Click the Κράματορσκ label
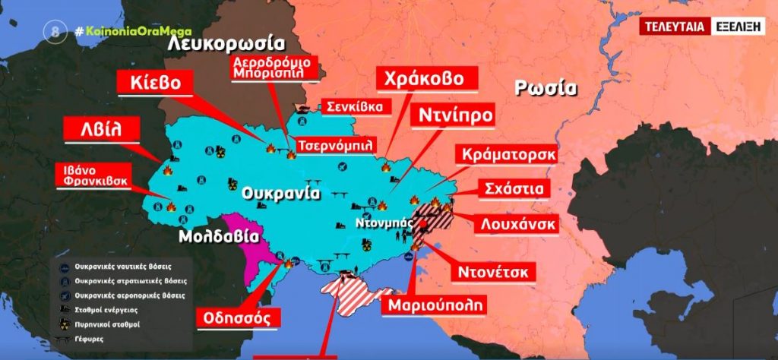coord(508,154)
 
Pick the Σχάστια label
coord(514,188)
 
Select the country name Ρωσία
coord(545,87)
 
